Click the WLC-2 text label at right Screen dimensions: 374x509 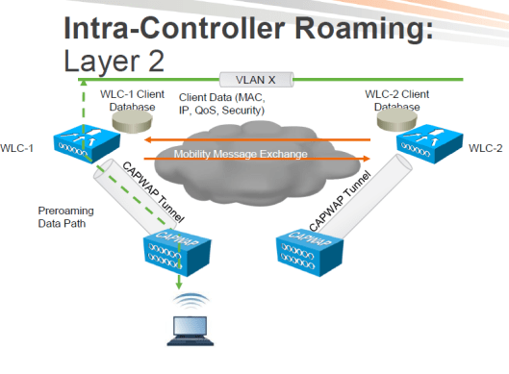[486, 149]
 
